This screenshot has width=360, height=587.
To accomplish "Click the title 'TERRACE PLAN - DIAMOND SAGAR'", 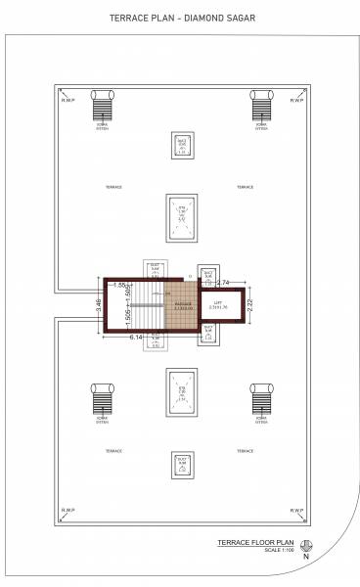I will click(180, 18).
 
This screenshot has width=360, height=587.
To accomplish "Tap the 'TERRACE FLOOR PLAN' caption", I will click(256, 540).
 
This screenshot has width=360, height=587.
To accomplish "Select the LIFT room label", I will click(218, 304).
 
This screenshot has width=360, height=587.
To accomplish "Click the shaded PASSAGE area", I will click(183, 304).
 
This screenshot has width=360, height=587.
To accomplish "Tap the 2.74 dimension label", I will click(223, 283).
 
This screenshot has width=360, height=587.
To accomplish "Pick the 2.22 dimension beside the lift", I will click(250, 304).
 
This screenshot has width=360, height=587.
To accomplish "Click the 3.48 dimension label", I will click(99, 305).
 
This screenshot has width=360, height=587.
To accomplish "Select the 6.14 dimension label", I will click(136, 337).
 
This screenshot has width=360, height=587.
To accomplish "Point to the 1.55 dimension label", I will click(119, 286).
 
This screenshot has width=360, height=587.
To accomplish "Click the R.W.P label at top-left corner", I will click(68, 100).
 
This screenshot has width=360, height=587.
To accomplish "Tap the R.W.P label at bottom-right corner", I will click(297, 510).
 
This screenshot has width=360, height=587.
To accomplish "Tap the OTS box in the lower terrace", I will click(181, 393).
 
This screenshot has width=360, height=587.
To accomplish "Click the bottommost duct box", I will click(181, 464).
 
